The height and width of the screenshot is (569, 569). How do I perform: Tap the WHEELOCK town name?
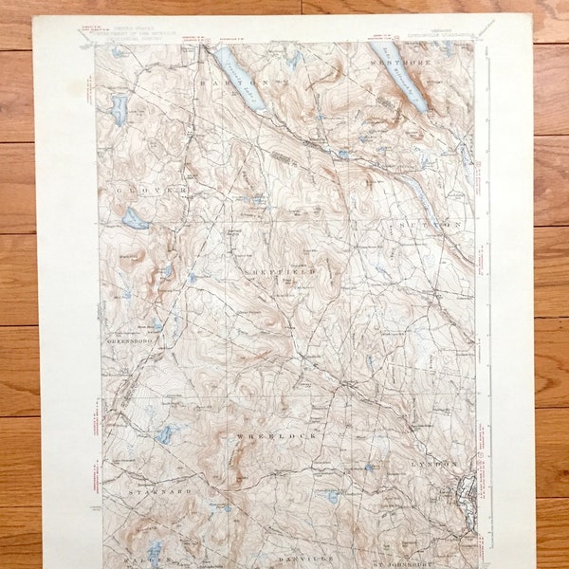click(276, 435)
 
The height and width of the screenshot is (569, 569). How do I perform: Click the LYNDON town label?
click(433, 464)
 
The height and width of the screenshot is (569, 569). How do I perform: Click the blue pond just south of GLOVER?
click(135, 219)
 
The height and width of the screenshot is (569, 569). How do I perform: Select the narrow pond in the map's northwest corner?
click(119, 109)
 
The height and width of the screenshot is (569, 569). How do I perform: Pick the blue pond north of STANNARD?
click(166, 434)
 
